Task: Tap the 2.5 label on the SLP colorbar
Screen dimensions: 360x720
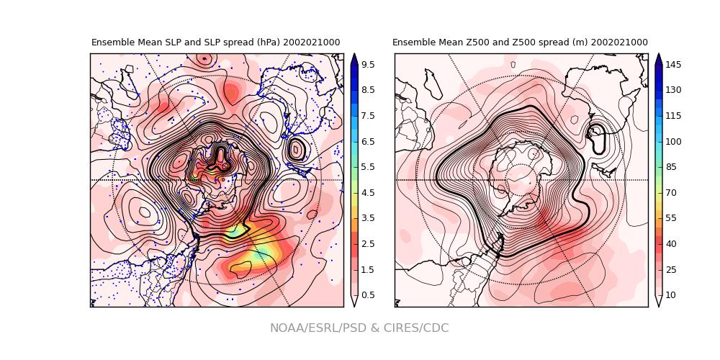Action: (368, 244)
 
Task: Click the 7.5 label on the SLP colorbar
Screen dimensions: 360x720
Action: (368, 116)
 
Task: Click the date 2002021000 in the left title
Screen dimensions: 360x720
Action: (311, 42)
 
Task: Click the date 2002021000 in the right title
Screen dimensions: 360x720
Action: (619, 42)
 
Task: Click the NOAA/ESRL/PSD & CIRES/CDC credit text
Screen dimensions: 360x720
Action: (359, 328)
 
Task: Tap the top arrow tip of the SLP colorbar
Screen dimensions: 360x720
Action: (354, 55)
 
